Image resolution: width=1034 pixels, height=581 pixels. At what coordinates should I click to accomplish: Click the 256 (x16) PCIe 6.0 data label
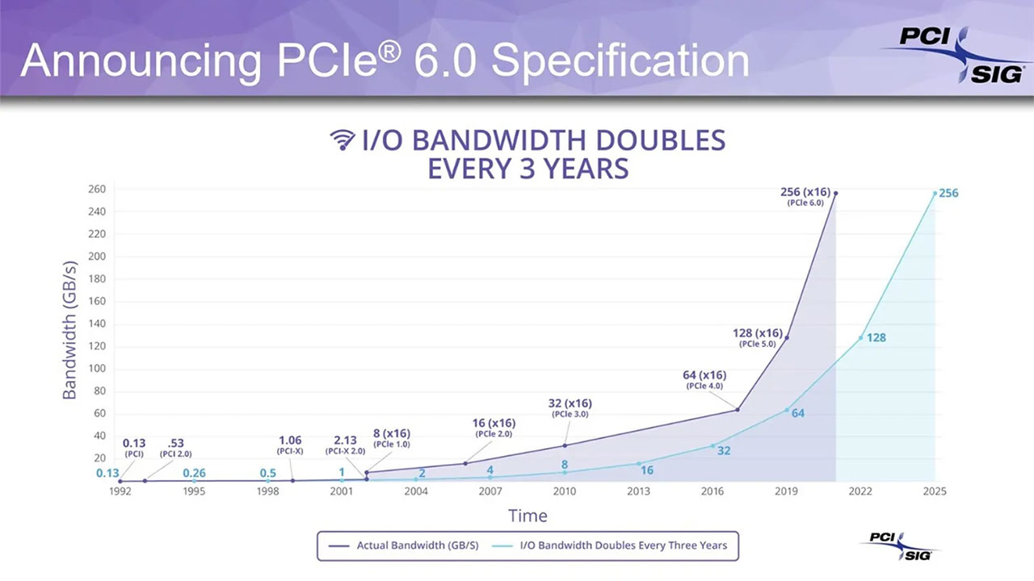tap(805, 196)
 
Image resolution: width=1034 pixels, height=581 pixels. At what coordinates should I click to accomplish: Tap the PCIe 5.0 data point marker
tap(787, 337)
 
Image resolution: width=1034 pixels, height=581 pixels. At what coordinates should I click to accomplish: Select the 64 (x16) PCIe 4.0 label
tap(704, 380)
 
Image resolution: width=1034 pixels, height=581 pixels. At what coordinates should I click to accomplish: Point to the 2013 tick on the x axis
tap(638, 491)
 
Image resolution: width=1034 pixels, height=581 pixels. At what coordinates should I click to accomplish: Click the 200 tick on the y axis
tap(97, 257)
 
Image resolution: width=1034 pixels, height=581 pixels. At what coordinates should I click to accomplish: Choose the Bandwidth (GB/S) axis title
tap(69, 330)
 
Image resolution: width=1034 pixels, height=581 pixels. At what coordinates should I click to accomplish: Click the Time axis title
tap(528, 516)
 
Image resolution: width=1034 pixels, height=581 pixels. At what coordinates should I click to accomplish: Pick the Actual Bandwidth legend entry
tap(403, 545)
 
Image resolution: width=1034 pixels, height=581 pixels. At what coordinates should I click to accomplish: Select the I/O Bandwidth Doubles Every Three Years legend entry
tap(609, 545)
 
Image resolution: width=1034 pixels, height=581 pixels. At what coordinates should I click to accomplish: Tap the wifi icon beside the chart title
tap(343, 140)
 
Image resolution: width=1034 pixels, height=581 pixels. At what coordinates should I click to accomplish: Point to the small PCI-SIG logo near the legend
tap(901, 546)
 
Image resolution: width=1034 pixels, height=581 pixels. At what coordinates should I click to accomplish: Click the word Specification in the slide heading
tap(620, 62)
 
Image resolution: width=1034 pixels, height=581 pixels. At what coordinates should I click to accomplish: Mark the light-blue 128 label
tap(876, 338)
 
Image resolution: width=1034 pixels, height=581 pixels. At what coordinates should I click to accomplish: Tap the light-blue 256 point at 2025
tap(935, 193)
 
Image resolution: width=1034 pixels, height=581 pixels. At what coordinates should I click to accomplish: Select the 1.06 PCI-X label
tap(290, 445)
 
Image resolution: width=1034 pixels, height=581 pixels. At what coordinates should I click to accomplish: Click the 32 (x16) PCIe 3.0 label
tap(570, 408)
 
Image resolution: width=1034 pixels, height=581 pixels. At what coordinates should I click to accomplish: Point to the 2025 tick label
tap(935, 491)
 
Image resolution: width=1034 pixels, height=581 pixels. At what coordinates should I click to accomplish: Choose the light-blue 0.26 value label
tap(194, 473)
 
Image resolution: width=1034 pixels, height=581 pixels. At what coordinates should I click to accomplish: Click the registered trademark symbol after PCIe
tap(390, 51)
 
